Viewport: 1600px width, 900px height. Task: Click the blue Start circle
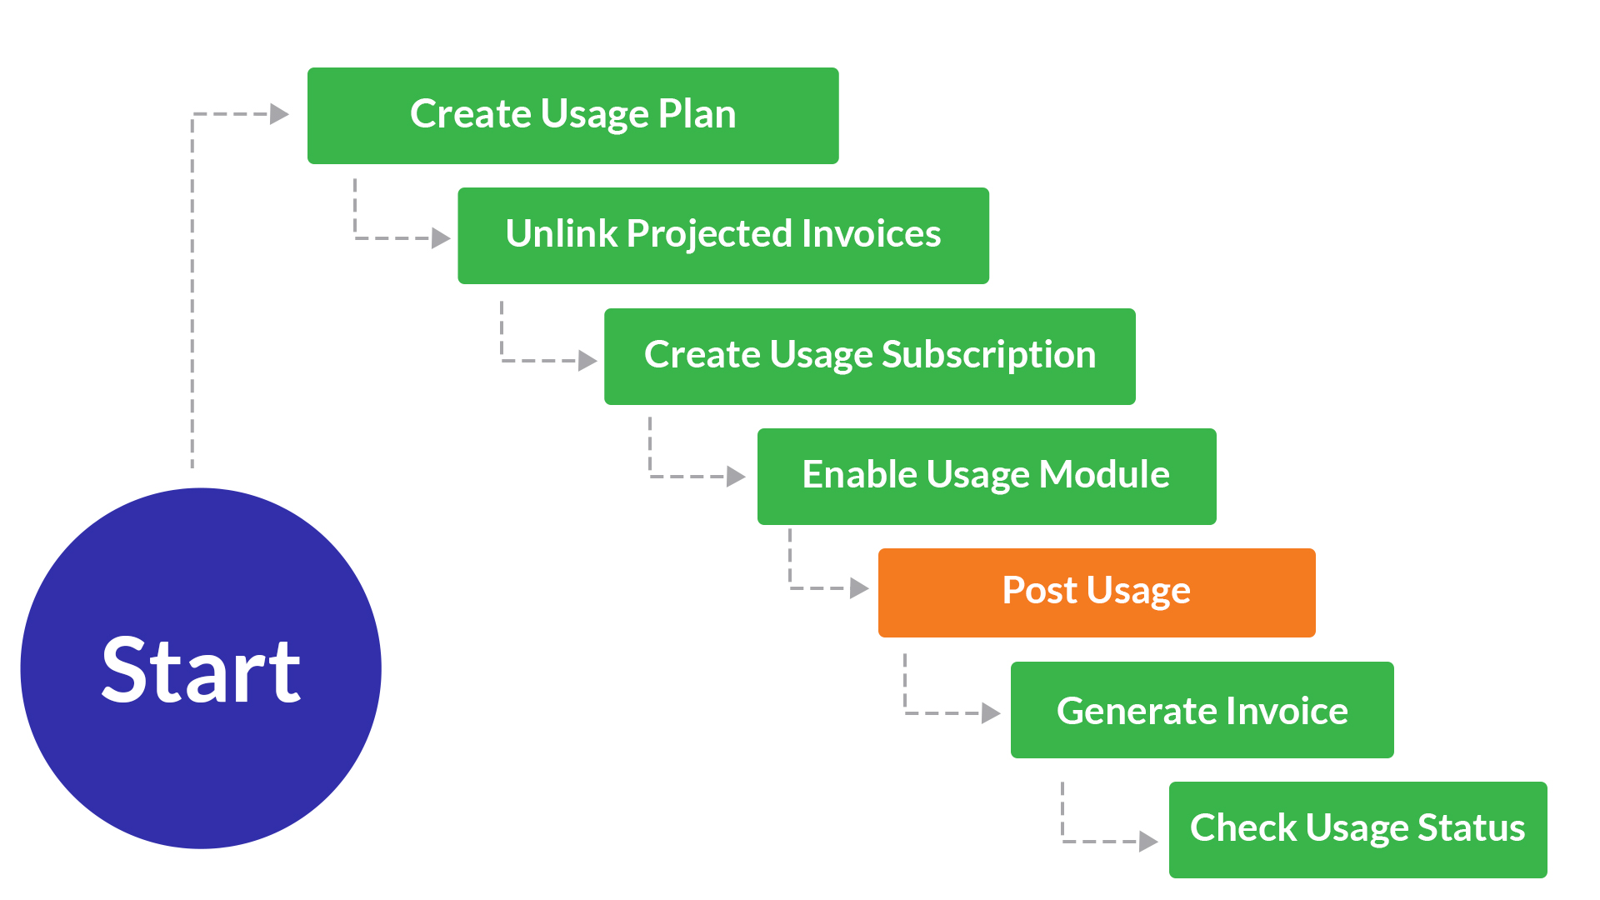click(x=201, y=668)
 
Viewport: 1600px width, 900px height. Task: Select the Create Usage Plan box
click(x=572, y=116)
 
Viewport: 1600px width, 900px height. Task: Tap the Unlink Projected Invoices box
click(x=722, y=236)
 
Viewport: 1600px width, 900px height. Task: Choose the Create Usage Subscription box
click(x=869, y=357)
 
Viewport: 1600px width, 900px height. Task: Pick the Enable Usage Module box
click(x=986, y=477)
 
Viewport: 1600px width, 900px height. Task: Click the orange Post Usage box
click(x=1096, y=592)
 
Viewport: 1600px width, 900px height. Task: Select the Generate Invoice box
click(x=1202, y=710)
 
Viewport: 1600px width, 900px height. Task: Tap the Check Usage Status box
click(x=1357, y=830)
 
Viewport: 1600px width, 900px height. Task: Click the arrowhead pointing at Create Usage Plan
click(x=279, y=114)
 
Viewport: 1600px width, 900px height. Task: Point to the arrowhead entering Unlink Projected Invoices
click(x=441, y=238)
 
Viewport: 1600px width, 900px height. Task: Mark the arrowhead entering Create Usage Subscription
click(x=587, y=361)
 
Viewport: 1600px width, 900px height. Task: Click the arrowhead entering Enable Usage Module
click(x=736, y=477)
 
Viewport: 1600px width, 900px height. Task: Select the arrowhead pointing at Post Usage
click(x=859, y=588)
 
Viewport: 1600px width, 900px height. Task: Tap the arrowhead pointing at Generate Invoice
click(x=991, y=713)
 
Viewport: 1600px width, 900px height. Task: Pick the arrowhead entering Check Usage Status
click(x=1148, y=842)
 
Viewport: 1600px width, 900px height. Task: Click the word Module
click(x=1104, y=475)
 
